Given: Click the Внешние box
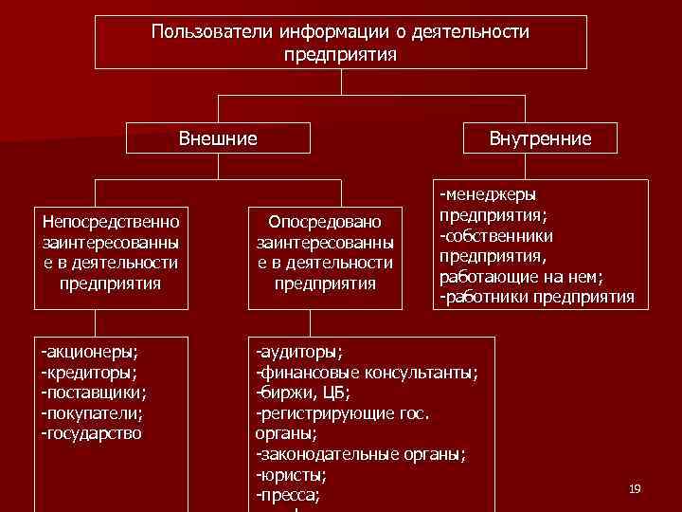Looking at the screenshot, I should click(x=218, y=139).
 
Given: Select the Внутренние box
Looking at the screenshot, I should click(x=540, y=139).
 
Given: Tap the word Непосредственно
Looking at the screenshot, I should click(x=111, y=221).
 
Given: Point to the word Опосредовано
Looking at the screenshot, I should click(x=325, y=221).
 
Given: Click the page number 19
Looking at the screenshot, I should click(x=635, y=488).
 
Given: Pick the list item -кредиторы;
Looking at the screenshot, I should click(x=88, y=372).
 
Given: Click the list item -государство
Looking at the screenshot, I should click(x=92, y=433).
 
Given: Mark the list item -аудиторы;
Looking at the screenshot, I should click(x=299, y=351).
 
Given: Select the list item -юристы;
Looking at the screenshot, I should click(x=291, y=474).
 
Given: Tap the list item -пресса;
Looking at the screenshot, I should click(x=288, y=495).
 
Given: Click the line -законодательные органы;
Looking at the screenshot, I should click(x=361, y=453).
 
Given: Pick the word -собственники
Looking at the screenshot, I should click(x=495, y=235).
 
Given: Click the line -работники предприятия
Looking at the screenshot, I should click(x=536, y=297).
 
